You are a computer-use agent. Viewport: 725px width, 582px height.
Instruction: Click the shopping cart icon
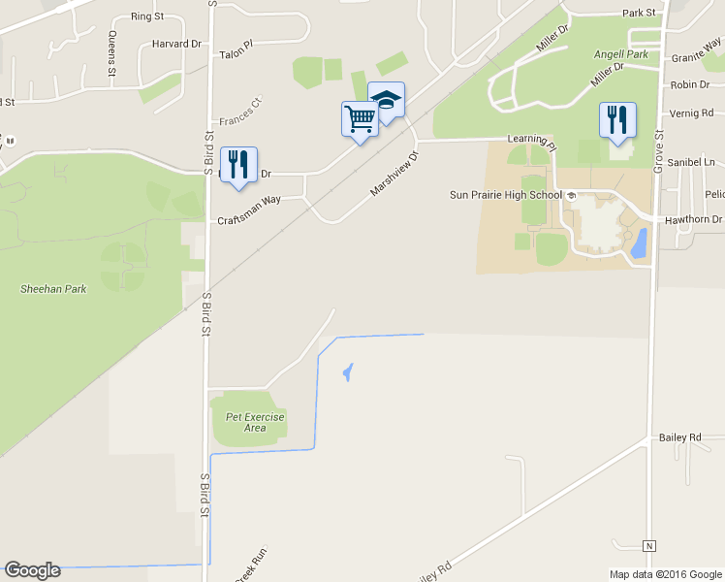pos(359,119)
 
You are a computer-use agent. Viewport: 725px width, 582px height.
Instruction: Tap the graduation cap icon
pos(386,100)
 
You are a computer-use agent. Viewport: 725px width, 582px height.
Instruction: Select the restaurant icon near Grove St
pos(616,120)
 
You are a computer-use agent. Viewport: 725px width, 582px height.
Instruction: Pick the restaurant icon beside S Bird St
pos(238,165)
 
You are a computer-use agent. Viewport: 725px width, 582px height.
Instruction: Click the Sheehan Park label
pos(53,289)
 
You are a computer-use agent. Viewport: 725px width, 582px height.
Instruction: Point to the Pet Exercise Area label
pos(255,422)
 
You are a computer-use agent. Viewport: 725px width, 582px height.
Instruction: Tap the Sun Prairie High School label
pos(506,195)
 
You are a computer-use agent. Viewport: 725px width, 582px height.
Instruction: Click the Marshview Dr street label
pos(396,174)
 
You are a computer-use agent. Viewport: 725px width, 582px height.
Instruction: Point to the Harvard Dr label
pos(176,44)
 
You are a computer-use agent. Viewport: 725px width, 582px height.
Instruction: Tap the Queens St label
pos(112,53)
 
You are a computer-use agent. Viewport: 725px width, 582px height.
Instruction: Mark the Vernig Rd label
pos(691,113)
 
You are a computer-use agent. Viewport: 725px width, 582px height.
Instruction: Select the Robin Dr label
pos(690,85)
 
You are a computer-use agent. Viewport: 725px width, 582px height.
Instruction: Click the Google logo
pos(32,570)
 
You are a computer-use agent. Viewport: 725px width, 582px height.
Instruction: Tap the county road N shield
pos(649,543)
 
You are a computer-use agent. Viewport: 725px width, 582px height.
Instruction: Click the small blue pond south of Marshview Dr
pos(347,372)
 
